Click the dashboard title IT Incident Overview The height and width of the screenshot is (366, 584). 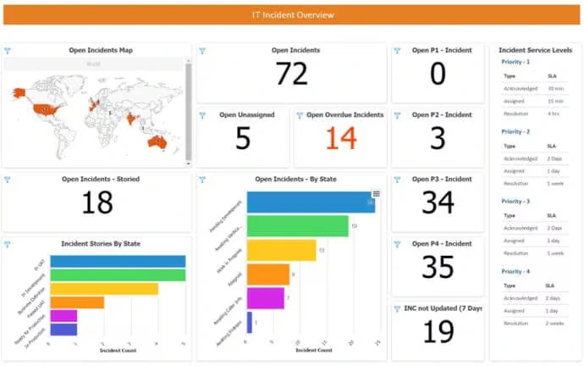[293, 14]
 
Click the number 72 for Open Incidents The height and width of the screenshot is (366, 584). [291, 75]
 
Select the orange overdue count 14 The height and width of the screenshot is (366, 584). [341, 137]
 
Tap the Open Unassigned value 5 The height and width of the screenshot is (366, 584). [243, 138]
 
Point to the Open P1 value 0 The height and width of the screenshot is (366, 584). [437, 75]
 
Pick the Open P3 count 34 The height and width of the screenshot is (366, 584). [438, 202]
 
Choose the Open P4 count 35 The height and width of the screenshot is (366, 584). [438, 267]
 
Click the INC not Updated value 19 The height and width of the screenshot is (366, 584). [438, 331]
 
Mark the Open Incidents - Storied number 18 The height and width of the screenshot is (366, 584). [98, 202]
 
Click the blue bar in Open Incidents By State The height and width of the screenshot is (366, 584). [310, 202]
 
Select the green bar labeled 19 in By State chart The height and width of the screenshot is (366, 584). [296, 226]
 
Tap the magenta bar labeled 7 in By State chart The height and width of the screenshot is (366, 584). [265, 298]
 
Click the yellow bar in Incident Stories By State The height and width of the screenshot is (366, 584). [104, 288]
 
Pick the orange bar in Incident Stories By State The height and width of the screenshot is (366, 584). [77, 302]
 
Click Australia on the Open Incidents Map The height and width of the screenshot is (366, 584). [156, 142]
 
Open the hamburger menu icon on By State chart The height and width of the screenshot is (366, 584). [376, 194]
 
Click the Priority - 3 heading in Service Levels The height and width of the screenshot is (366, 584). [515, 201]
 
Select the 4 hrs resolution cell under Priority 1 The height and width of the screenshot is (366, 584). [554, 113]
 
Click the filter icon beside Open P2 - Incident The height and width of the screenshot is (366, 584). [397, 114]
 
